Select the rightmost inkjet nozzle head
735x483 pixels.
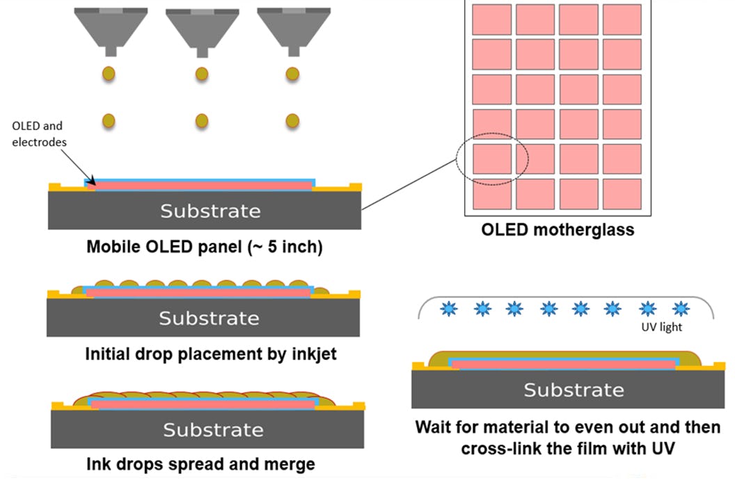point(292,29)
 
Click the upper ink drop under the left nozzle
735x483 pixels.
point(109,73)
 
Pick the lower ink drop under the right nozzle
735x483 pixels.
point(292,120)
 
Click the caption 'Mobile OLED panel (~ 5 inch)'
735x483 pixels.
point(204,247)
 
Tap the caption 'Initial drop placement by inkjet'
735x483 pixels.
point(210,354)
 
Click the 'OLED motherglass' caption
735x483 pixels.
point(558,229)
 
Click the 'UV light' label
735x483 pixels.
point(661,327)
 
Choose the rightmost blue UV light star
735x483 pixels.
point(680,308)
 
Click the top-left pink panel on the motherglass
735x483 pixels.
point(492,19)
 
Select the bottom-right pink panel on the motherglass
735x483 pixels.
point(622,194)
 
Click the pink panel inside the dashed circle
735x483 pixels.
point(492,159)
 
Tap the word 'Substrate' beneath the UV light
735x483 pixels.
point(574,390)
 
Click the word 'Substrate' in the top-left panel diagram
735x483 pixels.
point(210,211)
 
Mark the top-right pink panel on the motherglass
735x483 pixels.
point(622,19)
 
